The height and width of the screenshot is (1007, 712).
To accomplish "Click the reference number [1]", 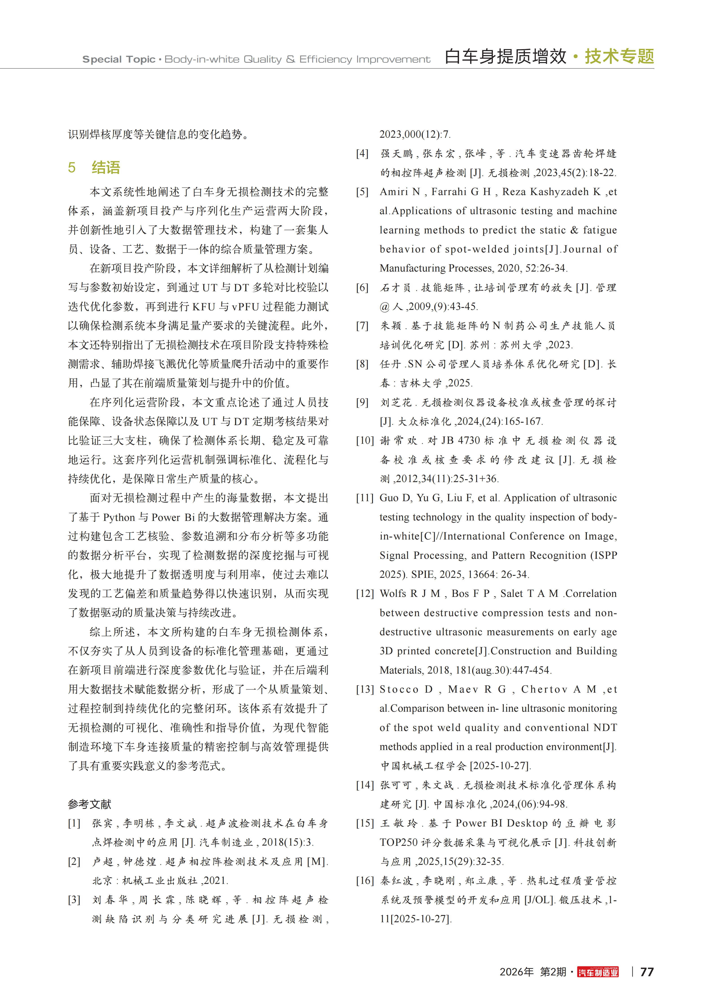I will point(74,823).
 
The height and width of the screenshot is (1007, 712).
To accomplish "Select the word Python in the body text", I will point(119,518).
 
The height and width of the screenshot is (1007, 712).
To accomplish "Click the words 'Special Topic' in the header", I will point(119,59).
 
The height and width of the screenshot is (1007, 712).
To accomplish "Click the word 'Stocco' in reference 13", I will point(399,689).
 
